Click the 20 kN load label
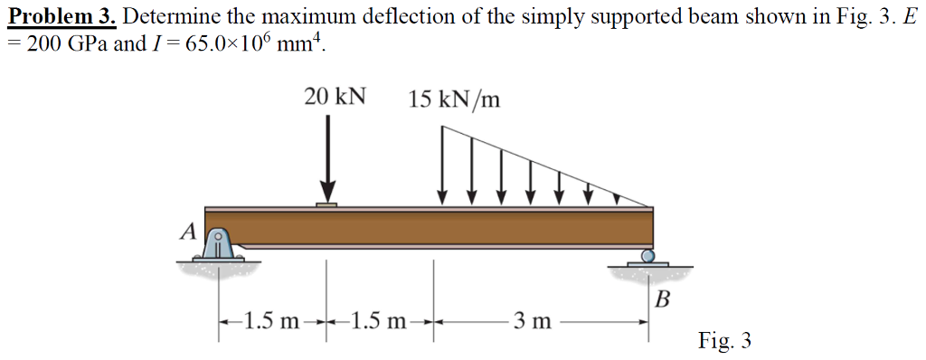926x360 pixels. (335, 98)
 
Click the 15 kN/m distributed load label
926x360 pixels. (453, 99)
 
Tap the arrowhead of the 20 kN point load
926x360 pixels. (327, 193)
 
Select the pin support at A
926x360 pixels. (218, 244)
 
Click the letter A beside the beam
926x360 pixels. (187, 232)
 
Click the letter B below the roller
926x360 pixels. (662, 298)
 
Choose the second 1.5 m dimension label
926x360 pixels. (380, 320)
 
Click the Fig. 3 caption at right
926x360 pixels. (724, 340)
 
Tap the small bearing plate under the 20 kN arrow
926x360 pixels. (327, 205)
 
